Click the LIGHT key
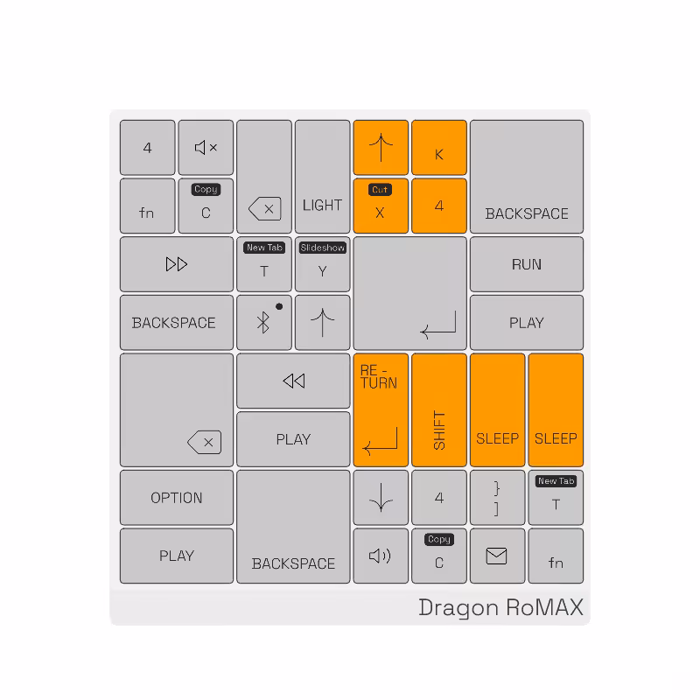coord(322,177)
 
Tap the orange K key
coord(439,147)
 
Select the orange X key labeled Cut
coord(381,206)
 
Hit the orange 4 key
coord(439,206)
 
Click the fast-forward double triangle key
coord(177,264)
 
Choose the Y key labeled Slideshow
coord(322,264)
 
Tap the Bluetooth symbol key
coord(264,322)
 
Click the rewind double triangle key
coord(293,381)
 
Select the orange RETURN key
coord(381,409)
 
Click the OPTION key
coord(177,497)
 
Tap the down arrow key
coord(381,497)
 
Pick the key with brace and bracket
coord(497,497)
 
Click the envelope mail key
coord(497,556)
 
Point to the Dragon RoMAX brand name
coord(500,607)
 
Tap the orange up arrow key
coord(381,147)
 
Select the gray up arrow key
coord(322,322)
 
